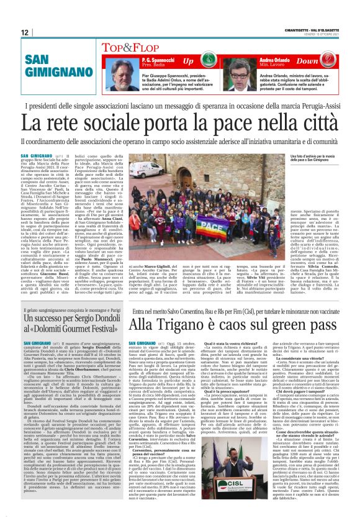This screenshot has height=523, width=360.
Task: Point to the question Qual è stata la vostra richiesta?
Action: click(x=225, y=343)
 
